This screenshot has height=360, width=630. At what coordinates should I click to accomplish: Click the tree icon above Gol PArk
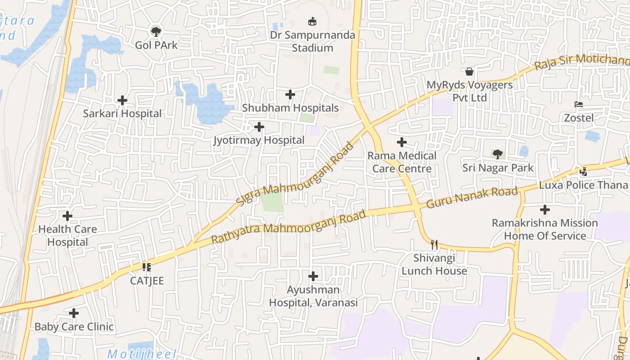[156, 31]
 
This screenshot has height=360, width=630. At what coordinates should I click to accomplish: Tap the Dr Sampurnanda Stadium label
[312, 41]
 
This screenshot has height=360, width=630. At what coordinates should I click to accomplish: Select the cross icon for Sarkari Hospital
[122, 100]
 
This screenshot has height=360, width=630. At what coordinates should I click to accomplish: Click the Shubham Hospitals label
[290, 108]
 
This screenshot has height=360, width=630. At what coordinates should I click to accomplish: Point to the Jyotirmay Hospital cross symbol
[259, 127]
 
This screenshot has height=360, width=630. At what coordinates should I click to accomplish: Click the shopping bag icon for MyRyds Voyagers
[469, 72]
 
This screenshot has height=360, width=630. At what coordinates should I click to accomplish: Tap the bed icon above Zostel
[579, 104]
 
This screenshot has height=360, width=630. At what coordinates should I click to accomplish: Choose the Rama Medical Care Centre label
[402, 162]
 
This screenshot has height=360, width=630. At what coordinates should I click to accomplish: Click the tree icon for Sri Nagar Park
[498, 154]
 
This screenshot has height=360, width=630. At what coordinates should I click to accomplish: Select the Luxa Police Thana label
[583, 185]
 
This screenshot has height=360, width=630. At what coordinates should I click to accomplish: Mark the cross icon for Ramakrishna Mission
[545, 210]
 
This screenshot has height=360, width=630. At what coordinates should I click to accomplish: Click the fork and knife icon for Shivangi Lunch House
[434, 244]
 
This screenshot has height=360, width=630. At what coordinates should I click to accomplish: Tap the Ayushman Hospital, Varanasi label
[313, 296]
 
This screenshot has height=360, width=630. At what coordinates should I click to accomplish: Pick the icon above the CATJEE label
[146, 267]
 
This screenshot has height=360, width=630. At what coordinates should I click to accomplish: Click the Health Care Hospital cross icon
[67, 216]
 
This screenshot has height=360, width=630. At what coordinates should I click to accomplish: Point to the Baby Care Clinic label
[74, 327]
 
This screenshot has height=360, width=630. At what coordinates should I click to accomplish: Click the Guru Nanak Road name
[472, 197]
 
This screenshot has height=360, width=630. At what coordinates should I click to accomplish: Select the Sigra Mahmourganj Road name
[295, 175]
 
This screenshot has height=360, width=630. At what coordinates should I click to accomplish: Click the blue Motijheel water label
[142, 354]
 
